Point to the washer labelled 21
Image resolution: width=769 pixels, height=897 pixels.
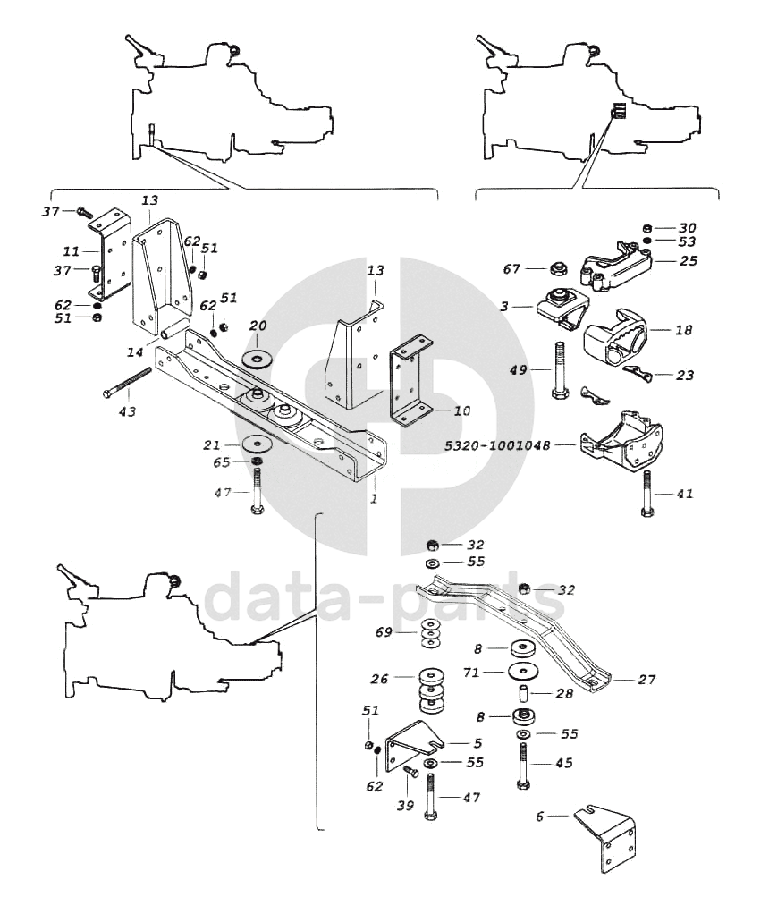(256, 443)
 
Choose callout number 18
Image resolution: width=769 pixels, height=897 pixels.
(683, 330)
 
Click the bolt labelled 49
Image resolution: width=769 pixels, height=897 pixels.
(562, 371)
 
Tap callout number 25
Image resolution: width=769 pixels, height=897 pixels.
(688, 261)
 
